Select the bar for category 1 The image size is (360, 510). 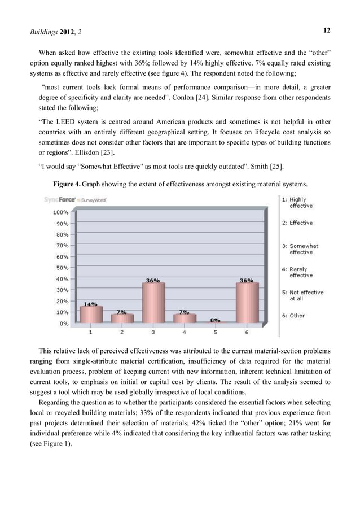click(91, 315)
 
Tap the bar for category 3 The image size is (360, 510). click(153, 303)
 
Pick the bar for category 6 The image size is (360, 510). click(247, 303)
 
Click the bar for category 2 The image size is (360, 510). click(122, 319)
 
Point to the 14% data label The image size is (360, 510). click(90, 303)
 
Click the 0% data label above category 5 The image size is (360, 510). click(215, 320)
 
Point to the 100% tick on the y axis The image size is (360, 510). click(61, 212)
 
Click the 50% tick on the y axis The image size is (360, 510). click(62, 268)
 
